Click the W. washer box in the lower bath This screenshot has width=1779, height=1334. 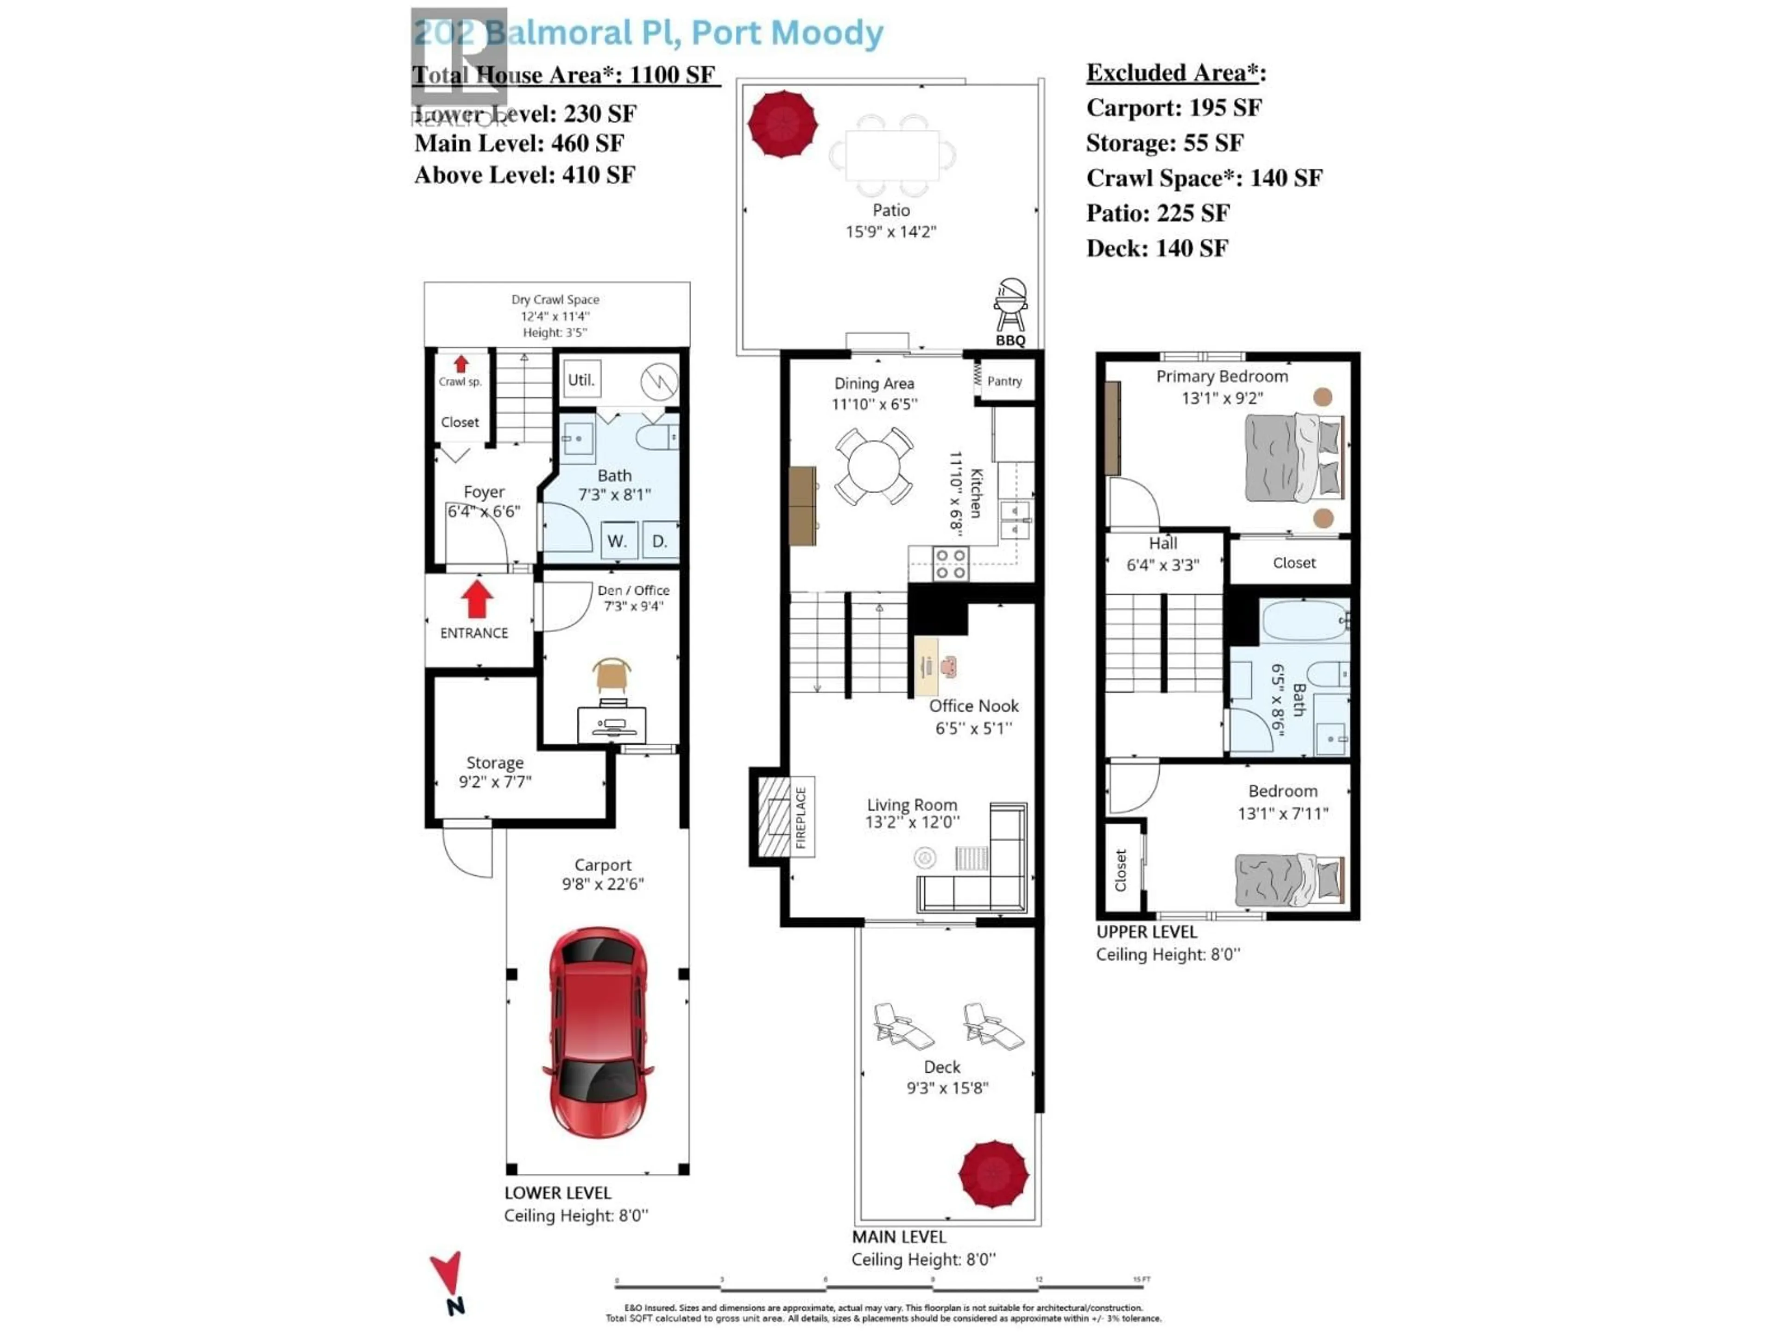(618, 541)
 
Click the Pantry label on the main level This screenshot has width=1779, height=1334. (1004, 381)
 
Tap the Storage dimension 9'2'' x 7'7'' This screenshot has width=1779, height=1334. (495, 781)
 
